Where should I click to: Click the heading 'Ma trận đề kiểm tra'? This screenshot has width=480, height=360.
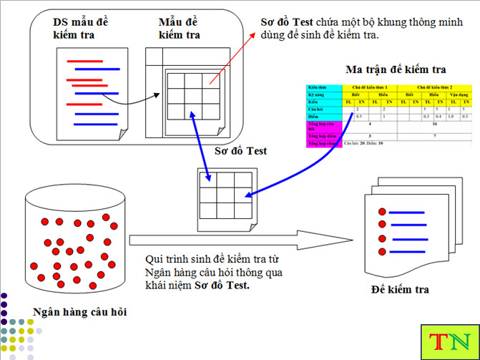tap(396, 69)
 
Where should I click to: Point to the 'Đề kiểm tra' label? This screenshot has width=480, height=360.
tap(401, 289)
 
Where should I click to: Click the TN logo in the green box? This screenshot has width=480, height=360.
tap(449, 341)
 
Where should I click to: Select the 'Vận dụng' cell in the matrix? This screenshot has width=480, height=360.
tap(459, 94)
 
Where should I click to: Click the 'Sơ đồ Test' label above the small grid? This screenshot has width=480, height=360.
tap(240, 151)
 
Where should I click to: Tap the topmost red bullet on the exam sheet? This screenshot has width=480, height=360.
tap(383, 211)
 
